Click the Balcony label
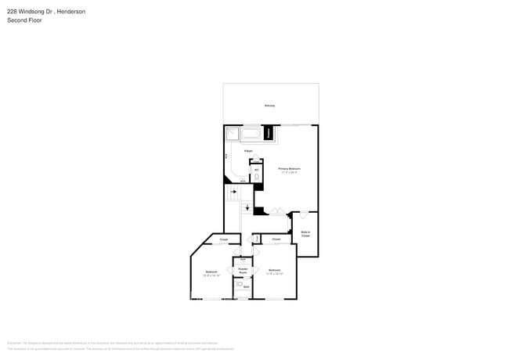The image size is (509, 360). tap(269, 105)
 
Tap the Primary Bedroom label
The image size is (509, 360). tap(289, 168)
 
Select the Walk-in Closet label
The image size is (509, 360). tap(305, 233)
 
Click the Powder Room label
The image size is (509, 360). tap(244, 270)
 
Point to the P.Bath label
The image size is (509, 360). tap(247, 151)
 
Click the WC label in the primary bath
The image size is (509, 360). tap(256, 169)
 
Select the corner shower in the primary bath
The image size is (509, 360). tap(233, 133)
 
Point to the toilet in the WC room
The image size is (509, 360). tap(256, 178)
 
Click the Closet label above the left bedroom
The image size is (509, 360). tap(223, 239)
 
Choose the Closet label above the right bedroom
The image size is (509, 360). tap(276, 239)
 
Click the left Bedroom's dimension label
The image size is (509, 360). tap(211, 275)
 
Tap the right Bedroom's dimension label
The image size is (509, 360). tap(274, 274)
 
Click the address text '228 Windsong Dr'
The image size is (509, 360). tap(27, 12)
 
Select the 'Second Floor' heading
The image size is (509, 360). tap(24, 20)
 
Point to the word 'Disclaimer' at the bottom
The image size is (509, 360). tap(13, 343)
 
